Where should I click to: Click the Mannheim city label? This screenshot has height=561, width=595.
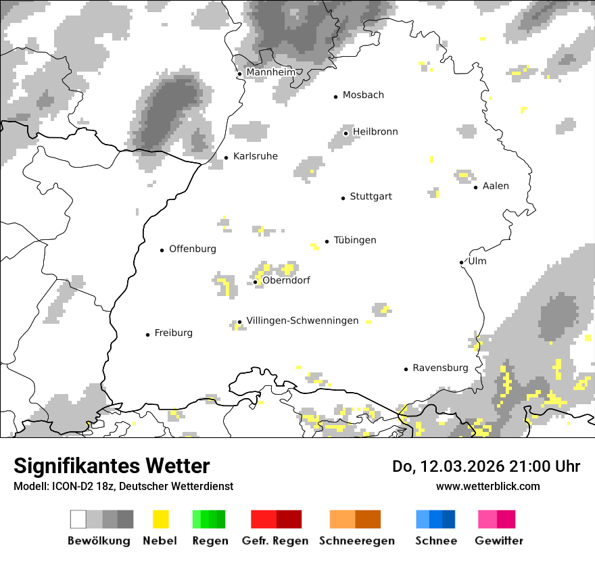[x=270, y=72]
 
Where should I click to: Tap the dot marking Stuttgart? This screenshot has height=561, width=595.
[x=343, y=197]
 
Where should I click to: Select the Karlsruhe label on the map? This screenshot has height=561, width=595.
[x=255, y=156]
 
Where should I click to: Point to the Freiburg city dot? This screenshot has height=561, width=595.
[x=147, y=335]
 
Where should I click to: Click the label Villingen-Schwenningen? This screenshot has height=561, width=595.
[x=302, y=320]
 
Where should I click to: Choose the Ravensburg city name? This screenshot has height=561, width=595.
[x=440, y=368]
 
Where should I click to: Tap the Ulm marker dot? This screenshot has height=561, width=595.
[x=461, y=262]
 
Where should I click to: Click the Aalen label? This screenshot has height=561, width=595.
[x=496, y=186]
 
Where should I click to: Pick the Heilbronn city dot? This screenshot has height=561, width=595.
[x=346, y=133]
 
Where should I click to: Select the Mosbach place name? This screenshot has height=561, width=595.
[x=363, y=95]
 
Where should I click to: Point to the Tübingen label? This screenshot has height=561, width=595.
[x=355, y=240]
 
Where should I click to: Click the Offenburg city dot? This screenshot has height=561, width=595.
[x=162, y=250]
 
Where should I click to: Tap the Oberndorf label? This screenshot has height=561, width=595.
[x=286, y=280]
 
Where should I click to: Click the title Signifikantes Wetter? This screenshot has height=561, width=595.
[x=112, y=466]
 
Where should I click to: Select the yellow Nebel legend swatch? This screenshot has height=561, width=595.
[x=161, y=519]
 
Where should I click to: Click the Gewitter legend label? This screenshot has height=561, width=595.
[x=499, y=541]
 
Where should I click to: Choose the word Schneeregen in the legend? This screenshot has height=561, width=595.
[x=357, y=541]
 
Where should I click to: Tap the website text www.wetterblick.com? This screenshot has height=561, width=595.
[x=487, y=486]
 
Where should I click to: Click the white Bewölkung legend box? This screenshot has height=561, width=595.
[x=78, y=519]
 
